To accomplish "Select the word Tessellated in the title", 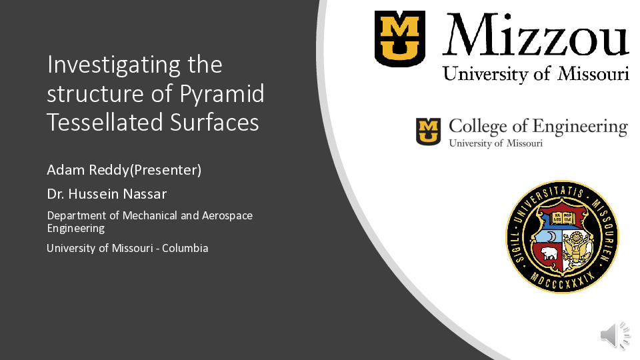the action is [105, 122].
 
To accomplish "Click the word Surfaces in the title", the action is [214, 122].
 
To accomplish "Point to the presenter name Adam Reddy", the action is [88, 170].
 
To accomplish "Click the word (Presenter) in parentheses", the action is [165, 170].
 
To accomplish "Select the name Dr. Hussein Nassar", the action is [107, 194].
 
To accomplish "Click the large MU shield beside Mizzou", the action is [400, 39].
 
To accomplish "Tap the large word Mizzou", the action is [535, 35].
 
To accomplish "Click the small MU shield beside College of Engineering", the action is [428, 131].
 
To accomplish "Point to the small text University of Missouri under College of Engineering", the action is [495, 143].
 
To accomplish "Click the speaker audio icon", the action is [615, 335].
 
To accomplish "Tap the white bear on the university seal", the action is [549, 254].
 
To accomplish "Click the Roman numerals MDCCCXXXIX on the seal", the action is [562, 281].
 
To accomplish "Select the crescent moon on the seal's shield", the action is [551, 236].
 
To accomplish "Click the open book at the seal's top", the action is [563, 218].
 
